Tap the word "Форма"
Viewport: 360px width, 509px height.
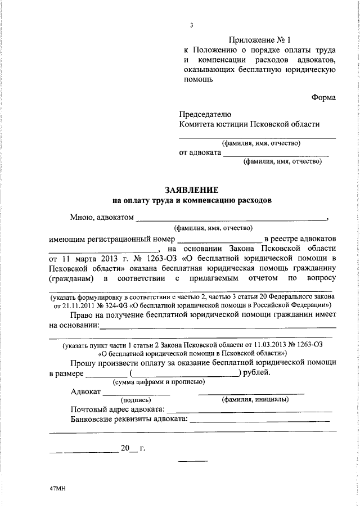point(324,97)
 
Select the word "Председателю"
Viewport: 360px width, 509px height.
point(205,114)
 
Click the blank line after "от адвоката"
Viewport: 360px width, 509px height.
point(276,154)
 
